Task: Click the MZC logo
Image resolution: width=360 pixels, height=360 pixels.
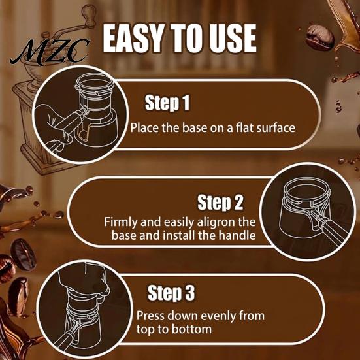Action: coord(50,52)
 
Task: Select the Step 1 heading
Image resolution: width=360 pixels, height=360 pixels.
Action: coord(167,103)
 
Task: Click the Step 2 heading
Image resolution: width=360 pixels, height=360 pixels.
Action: coord(220,203)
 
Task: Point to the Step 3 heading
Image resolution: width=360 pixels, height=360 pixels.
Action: coord(171,293)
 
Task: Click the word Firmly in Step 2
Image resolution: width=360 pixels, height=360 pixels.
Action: coord(121,223)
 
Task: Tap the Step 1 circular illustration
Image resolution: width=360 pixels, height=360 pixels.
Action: coord(80,114)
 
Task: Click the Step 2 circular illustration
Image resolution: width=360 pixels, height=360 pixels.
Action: coord(308,212)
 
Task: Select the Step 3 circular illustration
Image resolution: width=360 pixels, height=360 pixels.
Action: coord(85,310)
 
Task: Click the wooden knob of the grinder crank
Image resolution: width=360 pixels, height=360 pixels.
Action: coord(89,16)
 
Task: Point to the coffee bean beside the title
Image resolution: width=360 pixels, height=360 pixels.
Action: coord(319,37)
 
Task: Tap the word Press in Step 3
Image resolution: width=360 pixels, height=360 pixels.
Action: coord(150,316)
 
